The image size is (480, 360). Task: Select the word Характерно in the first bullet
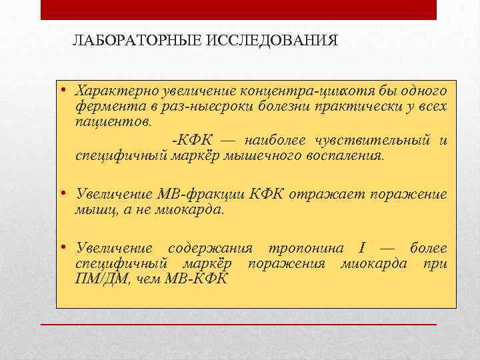[x=111, y=90]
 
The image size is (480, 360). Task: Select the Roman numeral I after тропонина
[x=361, y=248]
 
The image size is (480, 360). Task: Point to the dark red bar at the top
[x=239, y=9]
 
